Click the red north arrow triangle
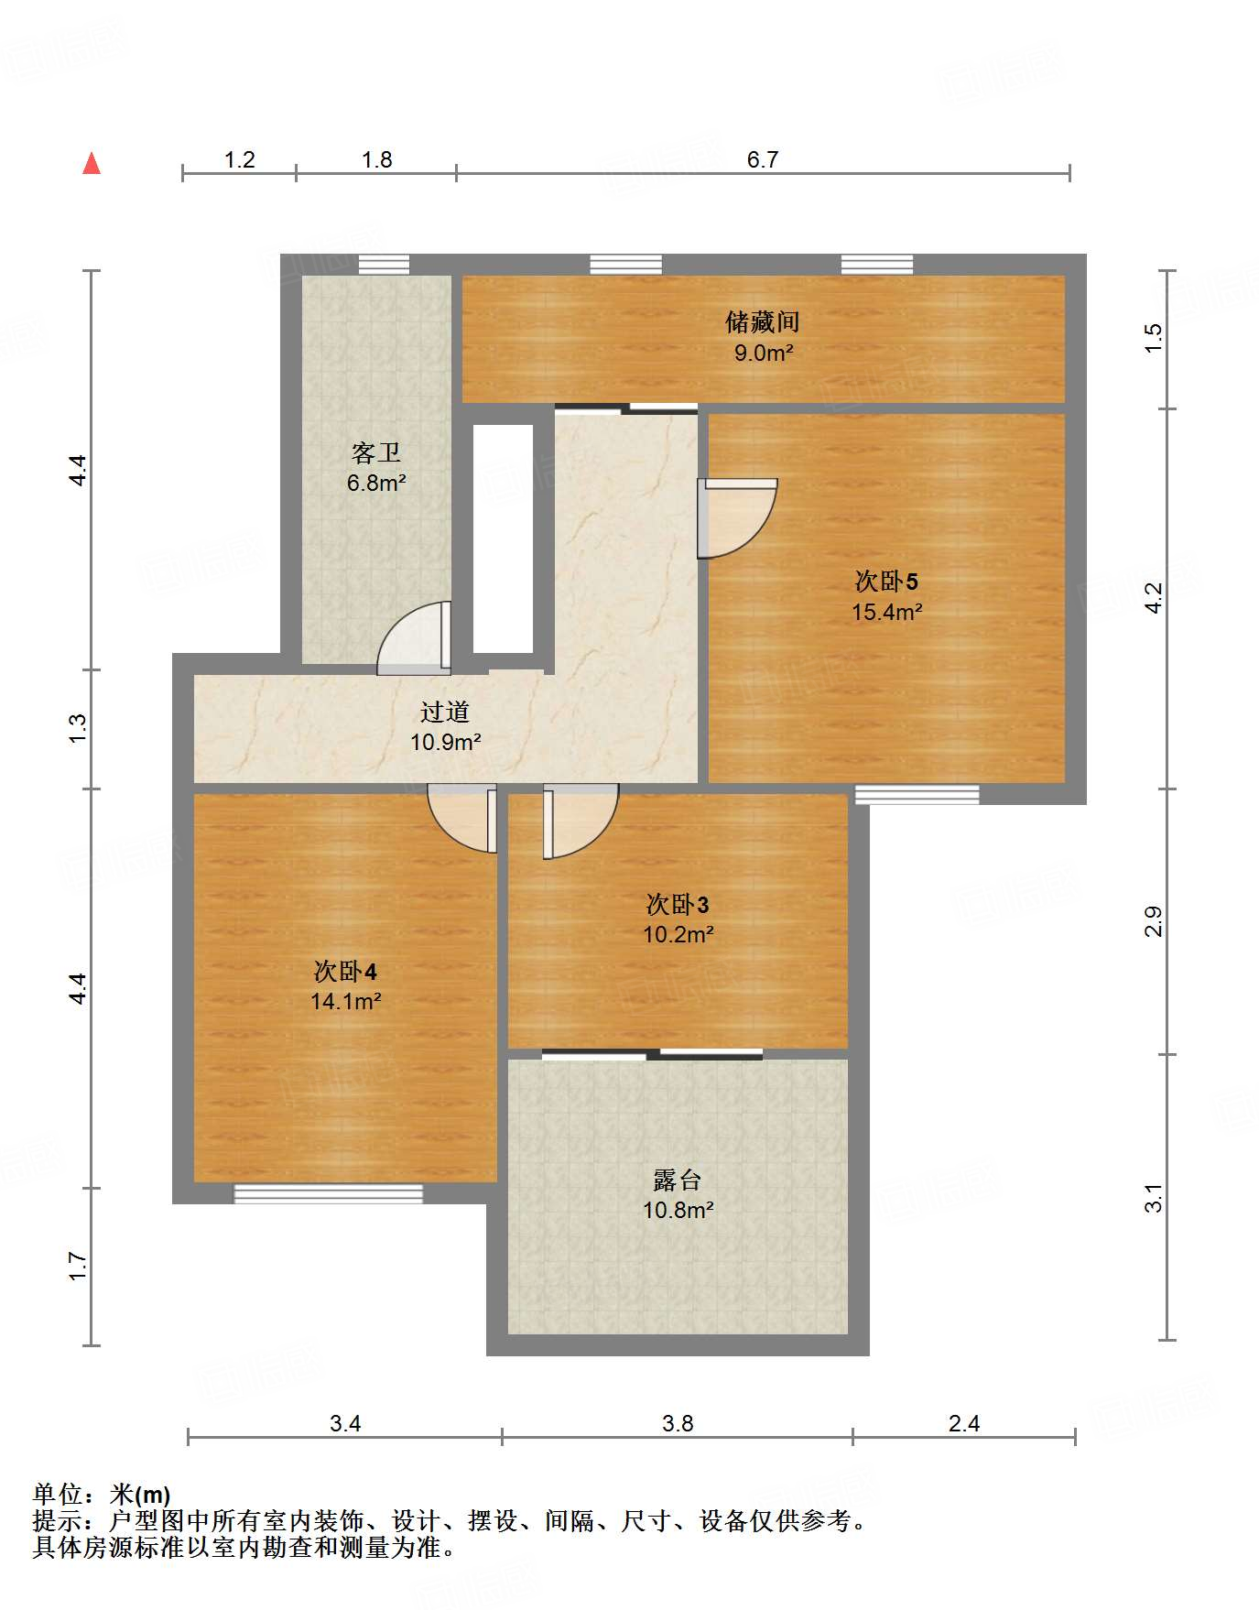point(92,164)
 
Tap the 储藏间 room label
point(762,322)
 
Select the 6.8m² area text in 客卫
point(375,483)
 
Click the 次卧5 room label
point(885,582)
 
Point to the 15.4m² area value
point(885,612)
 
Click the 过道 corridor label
point(445,712)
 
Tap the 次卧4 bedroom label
point(345,972)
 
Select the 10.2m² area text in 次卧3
point(678,934)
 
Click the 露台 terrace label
point(678,1180)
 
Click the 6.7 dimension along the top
point(762,160)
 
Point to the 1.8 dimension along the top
point(376,160)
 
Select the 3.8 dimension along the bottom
point(678,1423)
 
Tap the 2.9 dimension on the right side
point(1154,920)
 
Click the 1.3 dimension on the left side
point(79,728)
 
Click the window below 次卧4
point(328,1193)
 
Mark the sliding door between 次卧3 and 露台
point(652,1055)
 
